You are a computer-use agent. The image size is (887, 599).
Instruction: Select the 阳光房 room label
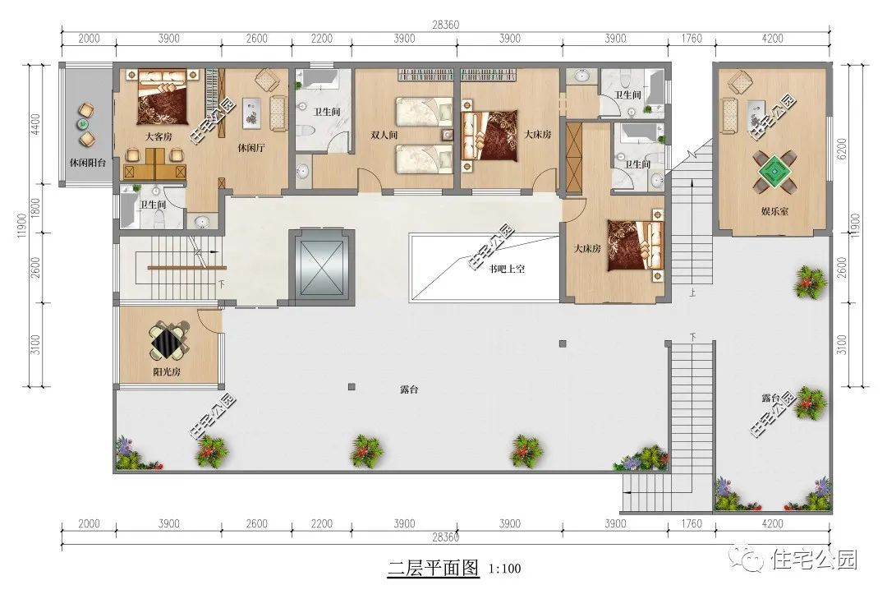click(168, 371)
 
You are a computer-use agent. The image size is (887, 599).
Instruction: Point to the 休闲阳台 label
click(87, 163)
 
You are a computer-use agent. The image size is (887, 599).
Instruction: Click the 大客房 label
click(159, 136)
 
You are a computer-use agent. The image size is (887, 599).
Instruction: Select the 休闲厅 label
click(250, 149)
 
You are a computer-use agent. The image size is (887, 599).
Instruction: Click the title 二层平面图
click(433, 567)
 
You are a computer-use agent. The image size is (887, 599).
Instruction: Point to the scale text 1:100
click(504, 568)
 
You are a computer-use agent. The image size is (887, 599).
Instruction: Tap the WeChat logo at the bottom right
click(753, 560)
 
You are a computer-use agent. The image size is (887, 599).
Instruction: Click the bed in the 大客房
click(163, 99)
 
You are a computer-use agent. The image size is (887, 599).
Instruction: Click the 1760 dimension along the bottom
click(692, 523)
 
